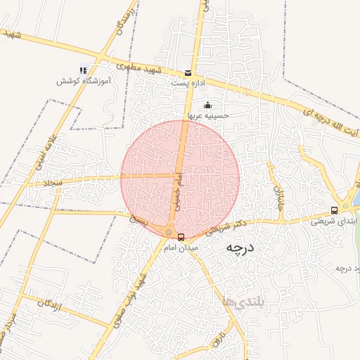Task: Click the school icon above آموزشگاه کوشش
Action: pyautogui.click(x=83, y=70)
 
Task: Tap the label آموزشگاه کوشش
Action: pyautogui.click(x=83, y=82)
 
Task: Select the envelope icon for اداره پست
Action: pyautogui.click(x=188, y=72)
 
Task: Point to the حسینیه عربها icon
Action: pyautogui.click(x=207, y=105)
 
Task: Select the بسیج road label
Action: pyautogui.click(x=139, y=221)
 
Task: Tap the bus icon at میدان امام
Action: pyautogui.click(x=181, y=237)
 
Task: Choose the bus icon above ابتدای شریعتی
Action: pyautogui.click(x=334, y=210)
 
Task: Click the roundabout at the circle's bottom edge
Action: pyautogui.click(x=169, y=232)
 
